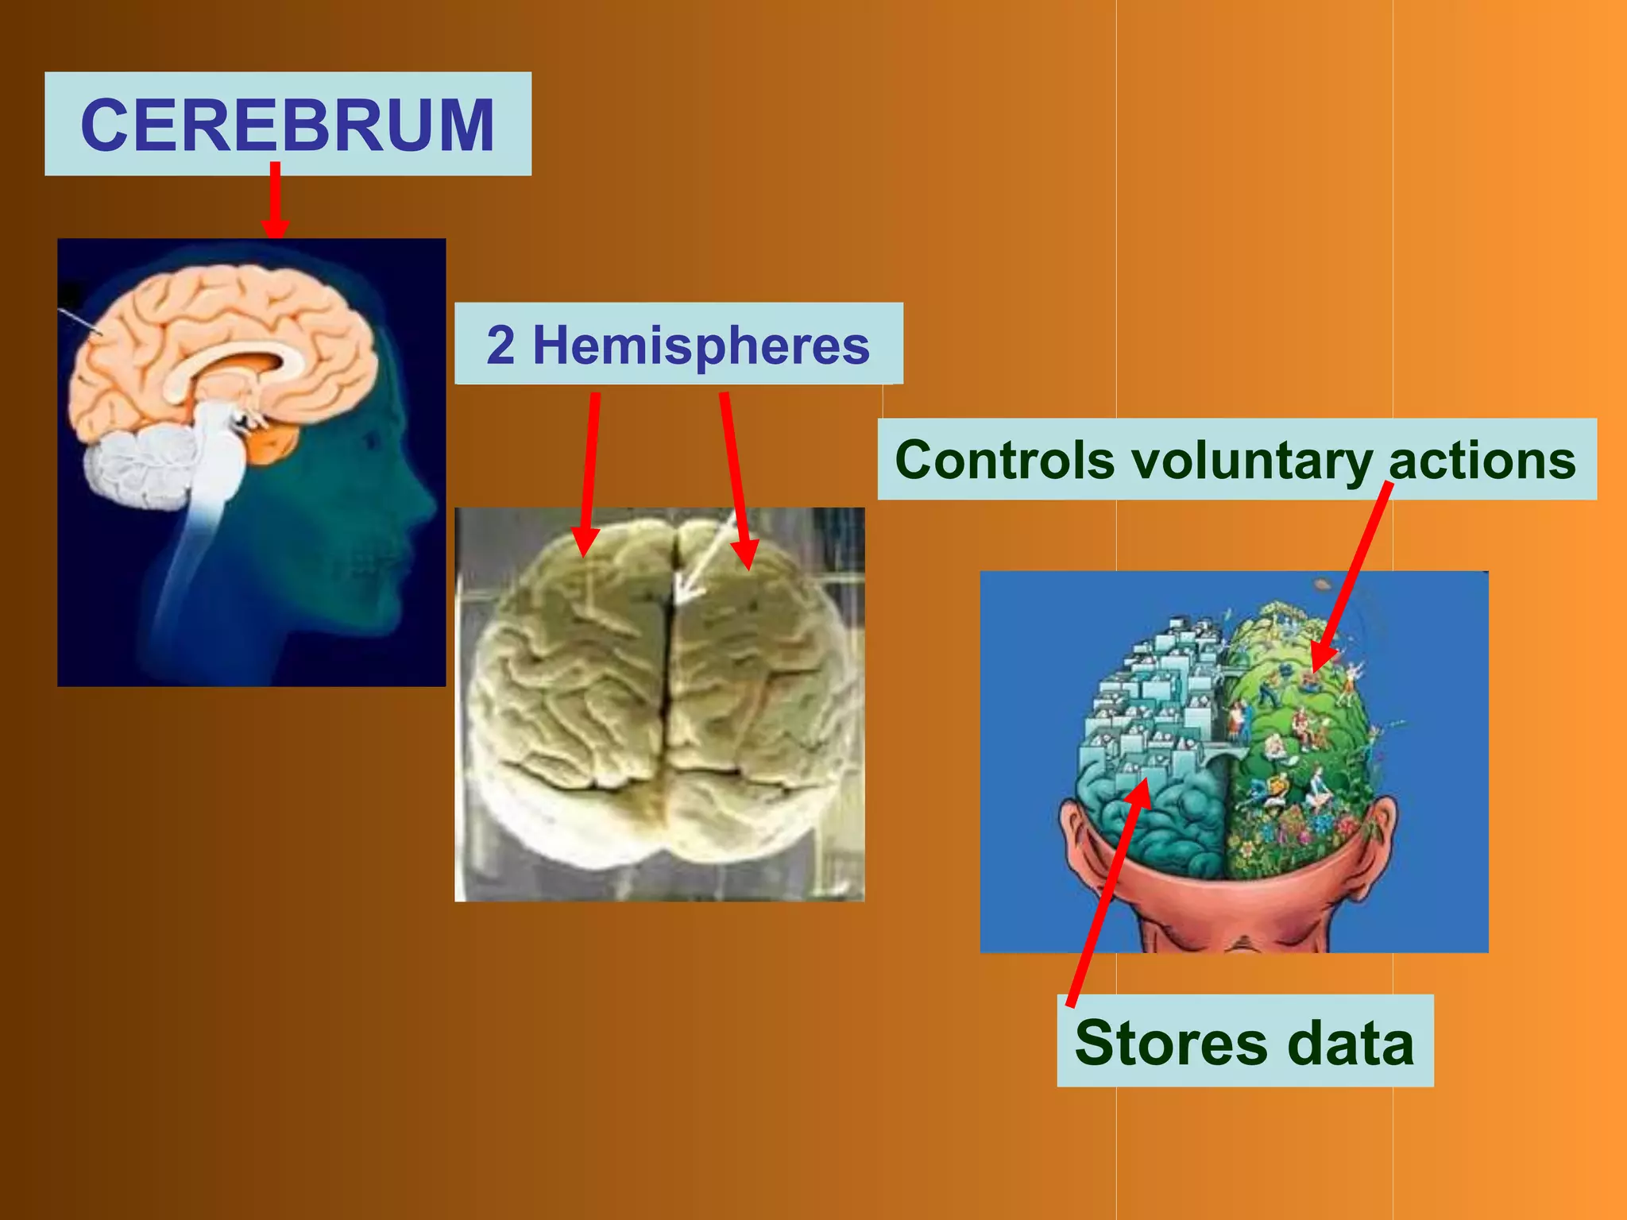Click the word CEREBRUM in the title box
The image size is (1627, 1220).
(288, 125)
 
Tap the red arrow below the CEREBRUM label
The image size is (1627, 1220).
(275, 199)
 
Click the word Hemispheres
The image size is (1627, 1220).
(701, 346)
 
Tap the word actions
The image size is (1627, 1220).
(1482, 461)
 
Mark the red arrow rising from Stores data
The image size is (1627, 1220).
(1108, 890)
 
